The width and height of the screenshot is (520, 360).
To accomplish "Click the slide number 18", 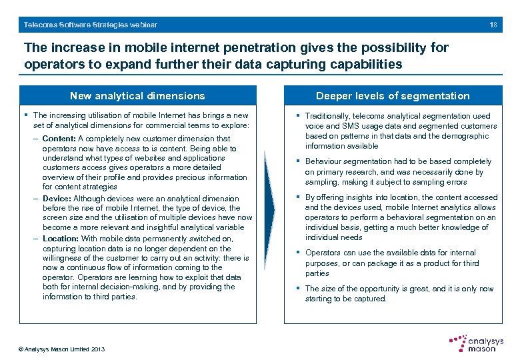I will pyautogui.click(x=493, y=25).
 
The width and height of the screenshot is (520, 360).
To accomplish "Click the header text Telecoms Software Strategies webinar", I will pyautogui.click(x=91, y=25).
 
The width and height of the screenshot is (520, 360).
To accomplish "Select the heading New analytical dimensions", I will pyautogui.click(x=138, y=96).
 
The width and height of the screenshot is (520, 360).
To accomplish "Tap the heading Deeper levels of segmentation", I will pyautogui.click(x=393, y=96).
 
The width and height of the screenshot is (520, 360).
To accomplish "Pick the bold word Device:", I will pyautogui.click(x=57, y=199).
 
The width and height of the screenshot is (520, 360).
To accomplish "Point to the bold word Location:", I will pyautogui.click(x=61, y=238).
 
